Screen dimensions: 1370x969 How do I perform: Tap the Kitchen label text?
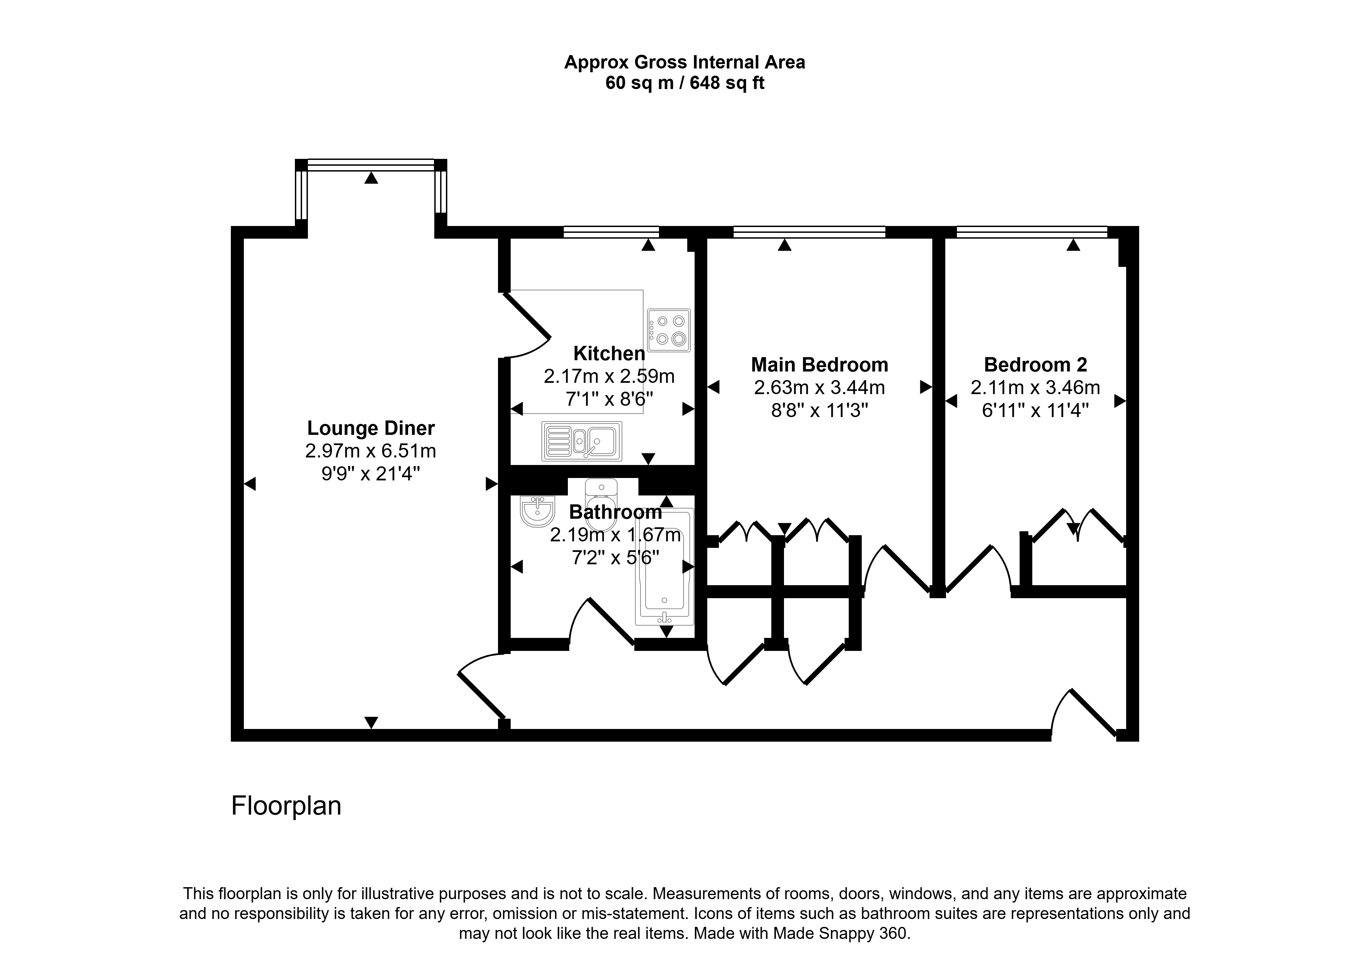coord(609,353)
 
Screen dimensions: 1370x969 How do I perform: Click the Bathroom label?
coord(615,512)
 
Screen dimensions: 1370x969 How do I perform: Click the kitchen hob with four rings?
coord(669,330)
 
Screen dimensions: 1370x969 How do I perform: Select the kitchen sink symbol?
coord(582,441)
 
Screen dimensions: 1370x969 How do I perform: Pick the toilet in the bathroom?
coord(601,504)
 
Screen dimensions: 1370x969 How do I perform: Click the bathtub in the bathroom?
coord(665,567)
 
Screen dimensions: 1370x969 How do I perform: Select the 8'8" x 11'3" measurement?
coord(819,411)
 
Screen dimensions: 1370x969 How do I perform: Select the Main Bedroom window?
coord(809,232)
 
